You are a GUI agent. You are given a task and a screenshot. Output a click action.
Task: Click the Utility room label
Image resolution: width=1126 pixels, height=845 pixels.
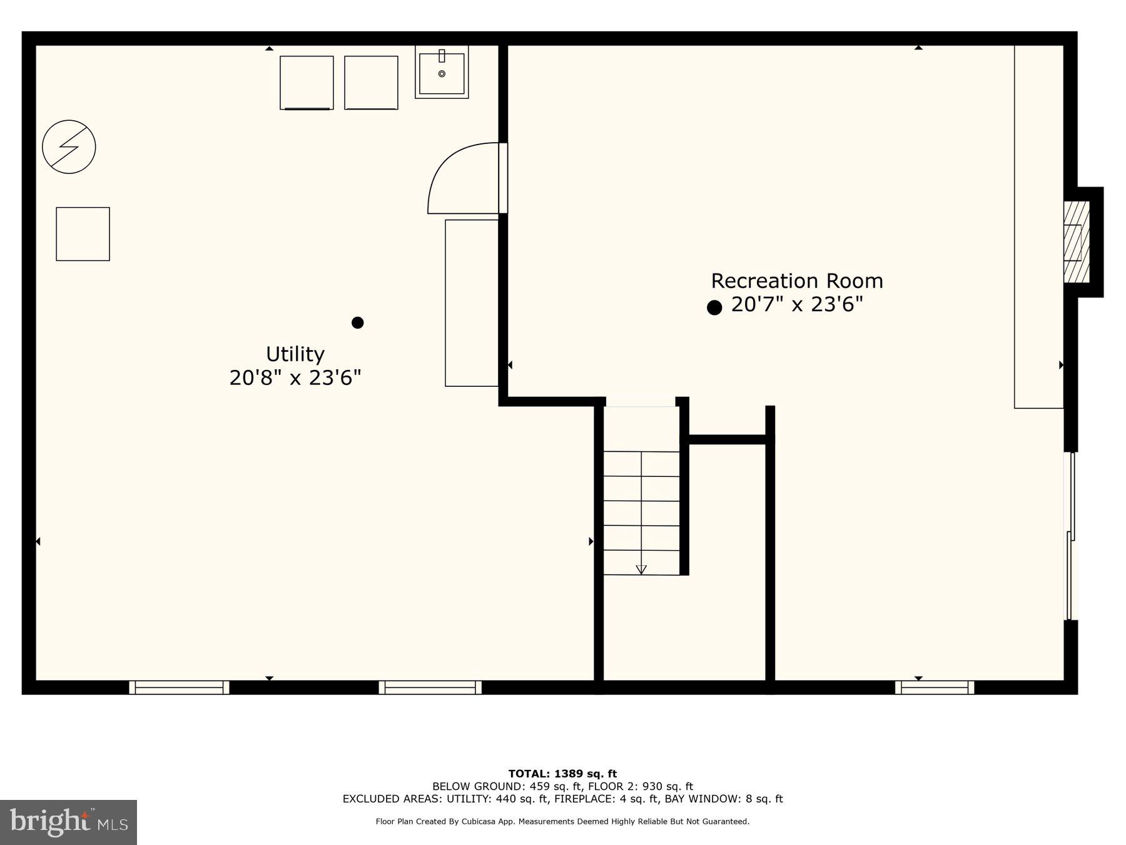coord(295,354)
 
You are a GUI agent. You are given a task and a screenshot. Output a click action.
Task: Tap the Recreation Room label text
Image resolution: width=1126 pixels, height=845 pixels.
coord(797,281)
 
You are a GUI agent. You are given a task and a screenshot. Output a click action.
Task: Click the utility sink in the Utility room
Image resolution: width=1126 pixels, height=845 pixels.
coord(442,73)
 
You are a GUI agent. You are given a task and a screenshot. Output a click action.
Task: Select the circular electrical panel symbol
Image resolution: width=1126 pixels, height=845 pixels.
coord(69,147)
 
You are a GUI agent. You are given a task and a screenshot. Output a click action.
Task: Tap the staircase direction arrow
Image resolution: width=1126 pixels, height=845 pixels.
coord(641,569)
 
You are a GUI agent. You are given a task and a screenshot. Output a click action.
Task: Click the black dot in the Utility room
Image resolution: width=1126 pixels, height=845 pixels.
coord(358,322)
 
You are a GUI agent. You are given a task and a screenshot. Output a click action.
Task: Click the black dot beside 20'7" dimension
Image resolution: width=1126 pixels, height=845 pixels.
coord(714,307)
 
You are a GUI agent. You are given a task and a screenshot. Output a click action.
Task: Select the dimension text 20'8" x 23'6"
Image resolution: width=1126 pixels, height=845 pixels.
coord(295,378)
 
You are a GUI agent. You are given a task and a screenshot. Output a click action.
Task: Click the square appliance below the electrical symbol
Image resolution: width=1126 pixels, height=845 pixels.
coord(83,234)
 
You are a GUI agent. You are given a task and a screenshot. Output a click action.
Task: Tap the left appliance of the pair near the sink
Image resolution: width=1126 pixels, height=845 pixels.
coord(307,83)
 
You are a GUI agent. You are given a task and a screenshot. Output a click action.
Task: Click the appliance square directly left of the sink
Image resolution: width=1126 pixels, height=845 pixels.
coord(371,83)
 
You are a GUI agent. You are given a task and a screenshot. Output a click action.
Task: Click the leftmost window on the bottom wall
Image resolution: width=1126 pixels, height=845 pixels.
coord(180,687)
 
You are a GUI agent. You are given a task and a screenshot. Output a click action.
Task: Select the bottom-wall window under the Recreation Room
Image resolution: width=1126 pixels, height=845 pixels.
coord(935,687)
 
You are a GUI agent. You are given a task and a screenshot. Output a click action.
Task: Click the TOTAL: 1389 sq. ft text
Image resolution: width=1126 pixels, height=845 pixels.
coord(562,774)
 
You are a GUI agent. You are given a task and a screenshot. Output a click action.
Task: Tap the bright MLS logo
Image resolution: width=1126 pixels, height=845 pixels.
coord(68,822)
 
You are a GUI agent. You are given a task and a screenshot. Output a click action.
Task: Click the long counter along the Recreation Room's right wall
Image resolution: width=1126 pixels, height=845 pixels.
coord(1038,227)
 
